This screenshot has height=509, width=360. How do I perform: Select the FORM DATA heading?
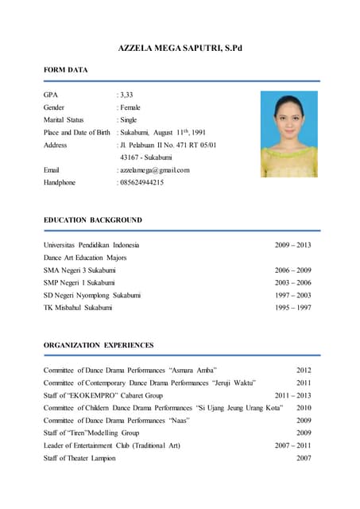(65, 71)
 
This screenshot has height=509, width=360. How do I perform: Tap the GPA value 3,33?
(127, 95)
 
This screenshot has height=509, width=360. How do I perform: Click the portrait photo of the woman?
(289, 134)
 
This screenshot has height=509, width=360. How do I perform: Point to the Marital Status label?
(64, 120)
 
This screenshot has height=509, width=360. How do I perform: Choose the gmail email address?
(154, 170)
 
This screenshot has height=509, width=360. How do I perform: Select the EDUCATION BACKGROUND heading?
(93, 220)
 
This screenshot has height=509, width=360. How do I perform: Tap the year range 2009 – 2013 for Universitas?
(292, 245)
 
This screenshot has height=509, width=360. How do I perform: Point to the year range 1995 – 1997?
(292, 307)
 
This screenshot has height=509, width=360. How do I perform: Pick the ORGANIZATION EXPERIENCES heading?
(99, 345)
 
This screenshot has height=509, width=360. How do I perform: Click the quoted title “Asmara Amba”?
(193, 371)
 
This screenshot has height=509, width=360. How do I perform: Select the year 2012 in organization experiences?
(304, 371)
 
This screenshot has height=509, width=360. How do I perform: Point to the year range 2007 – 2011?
(292, 445)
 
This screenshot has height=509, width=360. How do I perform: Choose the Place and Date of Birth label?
(76, 133)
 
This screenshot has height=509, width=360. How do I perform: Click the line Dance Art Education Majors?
(85, 258)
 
